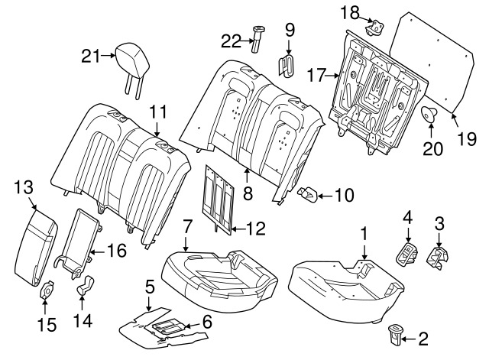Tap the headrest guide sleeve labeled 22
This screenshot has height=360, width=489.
pos(256,39)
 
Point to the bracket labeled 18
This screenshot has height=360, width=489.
pos(375,27)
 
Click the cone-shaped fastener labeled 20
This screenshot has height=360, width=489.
pos(429,116)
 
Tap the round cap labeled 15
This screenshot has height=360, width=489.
pos(48,291)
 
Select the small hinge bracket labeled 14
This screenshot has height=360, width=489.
pos(85,287)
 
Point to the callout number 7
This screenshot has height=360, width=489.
pos(186,226)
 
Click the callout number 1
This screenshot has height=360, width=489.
pos(364,232)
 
